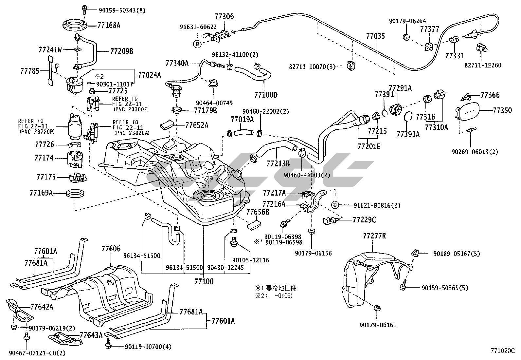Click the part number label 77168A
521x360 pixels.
tap(109, 25)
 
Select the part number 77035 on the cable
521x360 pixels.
tap(375, 36)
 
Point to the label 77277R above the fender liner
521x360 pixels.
tap(374, 236)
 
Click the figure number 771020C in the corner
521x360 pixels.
tap(502, 351)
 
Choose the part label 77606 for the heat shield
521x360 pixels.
tap(111, 249)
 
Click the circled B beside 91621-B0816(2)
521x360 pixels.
tap(335, 205)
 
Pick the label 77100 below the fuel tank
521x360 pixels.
tap(204, 281)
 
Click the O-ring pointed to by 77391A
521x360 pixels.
tap(408, 116)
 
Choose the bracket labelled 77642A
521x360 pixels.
tap(20, 310)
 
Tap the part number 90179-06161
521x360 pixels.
tap(378, 325)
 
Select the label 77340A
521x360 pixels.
tap(177, 63)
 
